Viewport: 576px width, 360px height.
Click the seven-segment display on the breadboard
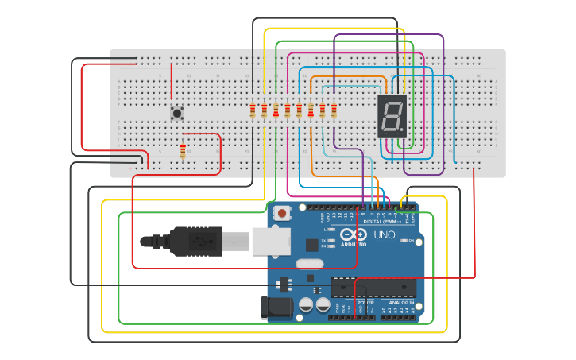(x=392, y=116)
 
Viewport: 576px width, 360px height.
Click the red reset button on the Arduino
(x=282, y=213)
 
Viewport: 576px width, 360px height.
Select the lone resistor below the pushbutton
(x=184, y=151)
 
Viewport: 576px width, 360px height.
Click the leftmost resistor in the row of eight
(x=253, y=110)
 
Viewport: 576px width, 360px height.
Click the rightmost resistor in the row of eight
(x=334, y=110)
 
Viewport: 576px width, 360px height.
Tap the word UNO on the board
(x=385, y=235)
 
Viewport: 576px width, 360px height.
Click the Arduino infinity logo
(x=354, y=235)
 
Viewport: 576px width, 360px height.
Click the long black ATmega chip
(x=373, y=287)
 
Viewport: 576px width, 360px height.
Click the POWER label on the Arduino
(x=365, y=303)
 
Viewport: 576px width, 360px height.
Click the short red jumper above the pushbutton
(x=171, y=83)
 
